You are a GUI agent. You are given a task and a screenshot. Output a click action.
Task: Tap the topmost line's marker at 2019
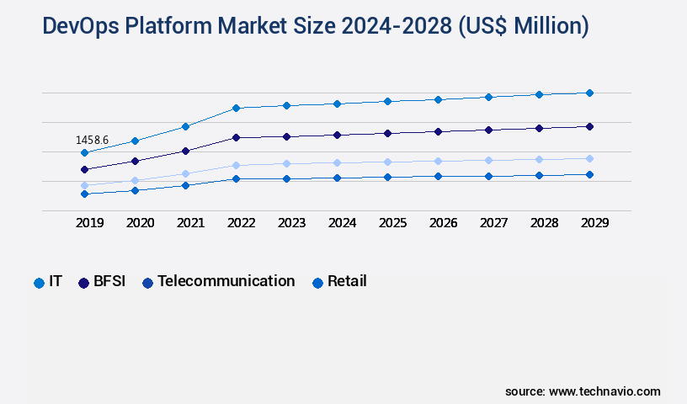pos(84,152)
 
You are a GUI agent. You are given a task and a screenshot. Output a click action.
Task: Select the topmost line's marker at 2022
pos(236,108)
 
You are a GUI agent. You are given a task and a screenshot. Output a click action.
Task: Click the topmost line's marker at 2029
pos(589,93)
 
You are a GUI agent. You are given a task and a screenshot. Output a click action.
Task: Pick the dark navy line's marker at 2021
pos(185,151)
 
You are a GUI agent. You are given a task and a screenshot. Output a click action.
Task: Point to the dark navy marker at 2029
pos(589,126)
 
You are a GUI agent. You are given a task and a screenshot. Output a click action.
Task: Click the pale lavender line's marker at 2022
pos(236,165)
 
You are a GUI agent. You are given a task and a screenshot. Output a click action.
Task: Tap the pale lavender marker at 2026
pos(438,161)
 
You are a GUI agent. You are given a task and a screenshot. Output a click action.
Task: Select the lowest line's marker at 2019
pos(84,194)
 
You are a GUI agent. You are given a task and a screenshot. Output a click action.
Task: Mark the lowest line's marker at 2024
pos(337,178)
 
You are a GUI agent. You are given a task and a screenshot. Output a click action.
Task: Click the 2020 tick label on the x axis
pos(140,223)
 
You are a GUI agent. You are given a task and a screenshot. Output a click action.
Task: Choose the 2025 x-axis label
pos(392,223)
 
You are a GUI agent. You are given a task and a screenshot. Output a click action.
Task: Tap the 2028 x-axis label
pos(544,223)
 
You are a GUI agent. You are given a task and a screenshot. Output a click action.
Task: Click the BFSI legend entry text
pos(109,281)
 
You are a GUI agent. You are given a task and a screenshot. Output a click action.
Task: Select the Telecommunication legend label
pos(226,281)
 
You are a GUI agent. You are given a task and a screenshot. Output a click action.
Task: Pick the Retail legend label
pos(347,281)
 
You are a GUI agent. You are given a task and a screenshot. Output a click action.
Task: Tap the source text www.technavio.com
pos(604,391)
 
